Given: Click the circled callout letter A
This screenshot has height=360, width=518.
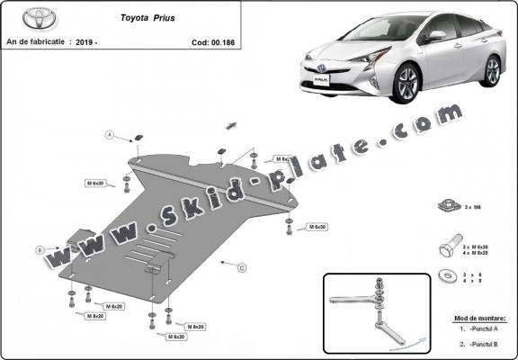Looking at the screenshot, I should (110, 135).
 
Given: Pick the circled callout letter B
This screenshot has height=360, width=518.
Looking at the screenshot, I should (40, 249).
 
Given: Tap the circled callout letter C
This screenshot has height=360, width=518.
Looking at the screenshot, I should (241, 267).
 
